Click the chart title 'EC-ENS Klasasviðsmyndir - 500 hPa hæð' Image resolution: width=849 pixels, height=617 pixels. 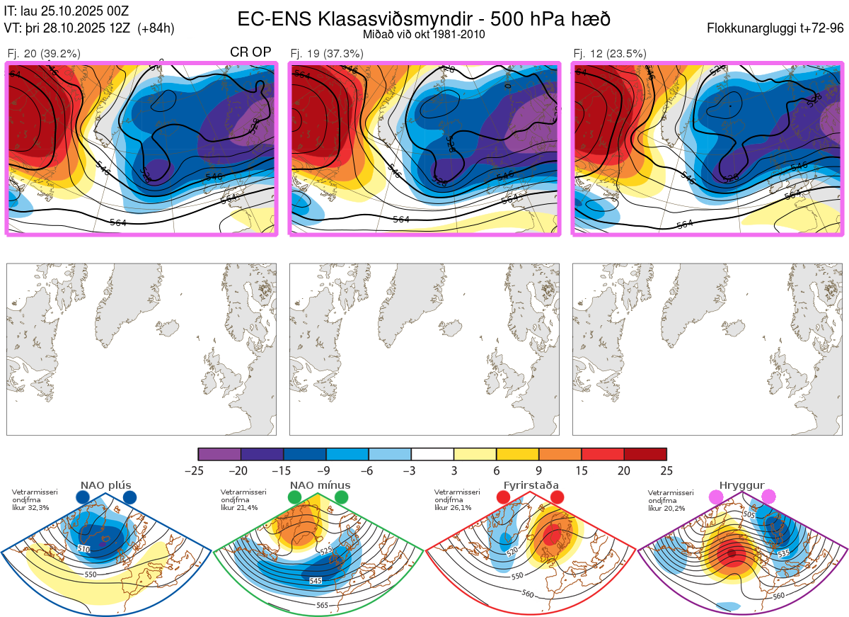(x=424, y=18)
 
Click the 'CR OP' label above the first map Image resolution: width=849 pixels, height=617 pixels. (x=250, y=52)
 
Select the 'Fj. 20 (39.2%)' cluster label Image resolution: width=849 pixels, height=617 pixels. (x=43, y=53)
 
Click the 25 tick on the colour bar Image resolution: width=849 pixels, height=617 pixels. (x=666, y=470)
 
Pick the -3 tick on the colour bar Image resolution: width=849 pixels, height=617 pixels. (x=411, y=470)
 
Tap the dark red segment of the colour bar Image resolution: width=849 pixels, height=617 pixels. (x=645, y=454)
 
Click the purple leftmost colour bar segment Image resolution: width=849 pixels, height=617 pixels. (x=219, y=454)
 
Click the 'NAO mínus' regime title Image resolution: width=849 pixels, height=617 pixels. (x=320, y=485)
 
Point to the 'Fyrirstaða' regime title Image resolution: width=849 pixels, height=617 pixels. (x=531, y=485)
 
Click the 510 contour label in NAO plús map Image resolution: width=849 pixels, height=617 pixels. (x=84, y=549)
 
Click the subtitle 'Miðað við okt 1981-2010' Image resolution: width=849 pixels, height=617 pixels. (x=424, y=35)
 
